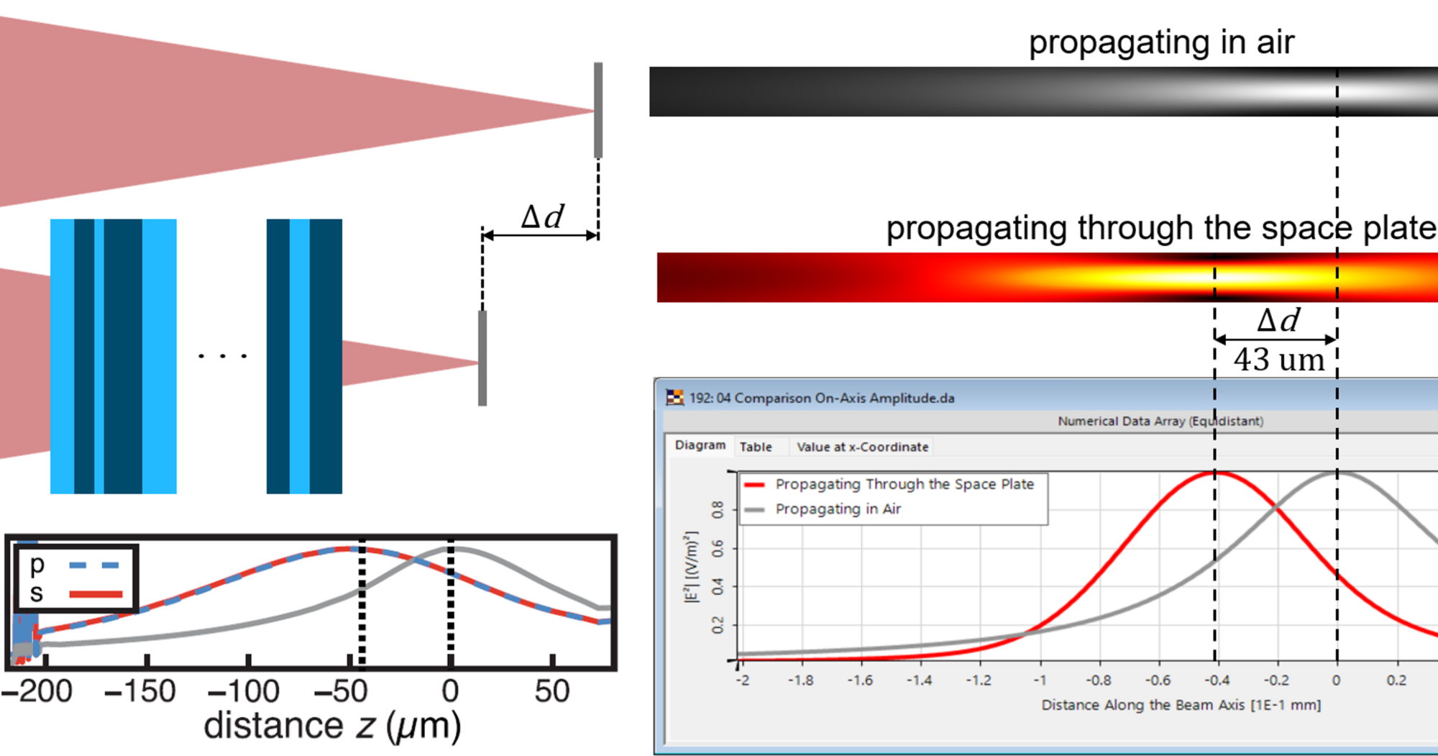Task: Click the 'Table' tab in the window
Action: point(756,447)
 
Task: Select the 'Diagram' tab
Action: point(700,445)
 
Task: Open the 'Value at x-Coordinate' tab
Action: point(862,447)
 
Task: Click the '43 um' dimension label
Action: point(1278,360)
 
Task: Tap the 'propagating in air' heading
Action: point(1160,42)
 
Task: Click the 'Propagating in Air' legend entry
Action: point(838,509)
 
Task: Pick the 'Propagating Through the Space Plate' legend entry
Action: point(904,484)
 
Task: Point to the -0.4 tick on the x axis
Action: point(1217,680)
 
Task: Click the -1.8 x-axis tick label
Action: point(800,680)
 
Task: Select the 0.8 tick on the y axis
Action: point(718,510)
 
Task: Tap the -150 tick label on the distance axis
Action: point(140,692)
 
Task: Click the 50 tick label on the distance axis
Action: point(551,692)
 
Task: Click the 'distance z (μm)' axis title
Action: point(332,726)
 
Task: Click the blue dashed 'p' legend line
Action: point(94,565)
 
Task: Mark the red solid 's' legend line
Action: point(96,594)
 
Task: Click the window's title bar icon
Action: point(674,397)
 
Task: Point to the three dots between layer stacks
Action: point(223,356)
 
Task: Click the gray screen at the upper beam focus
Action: point(597,110)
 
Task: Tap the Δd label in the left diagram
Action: point(542,217)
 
